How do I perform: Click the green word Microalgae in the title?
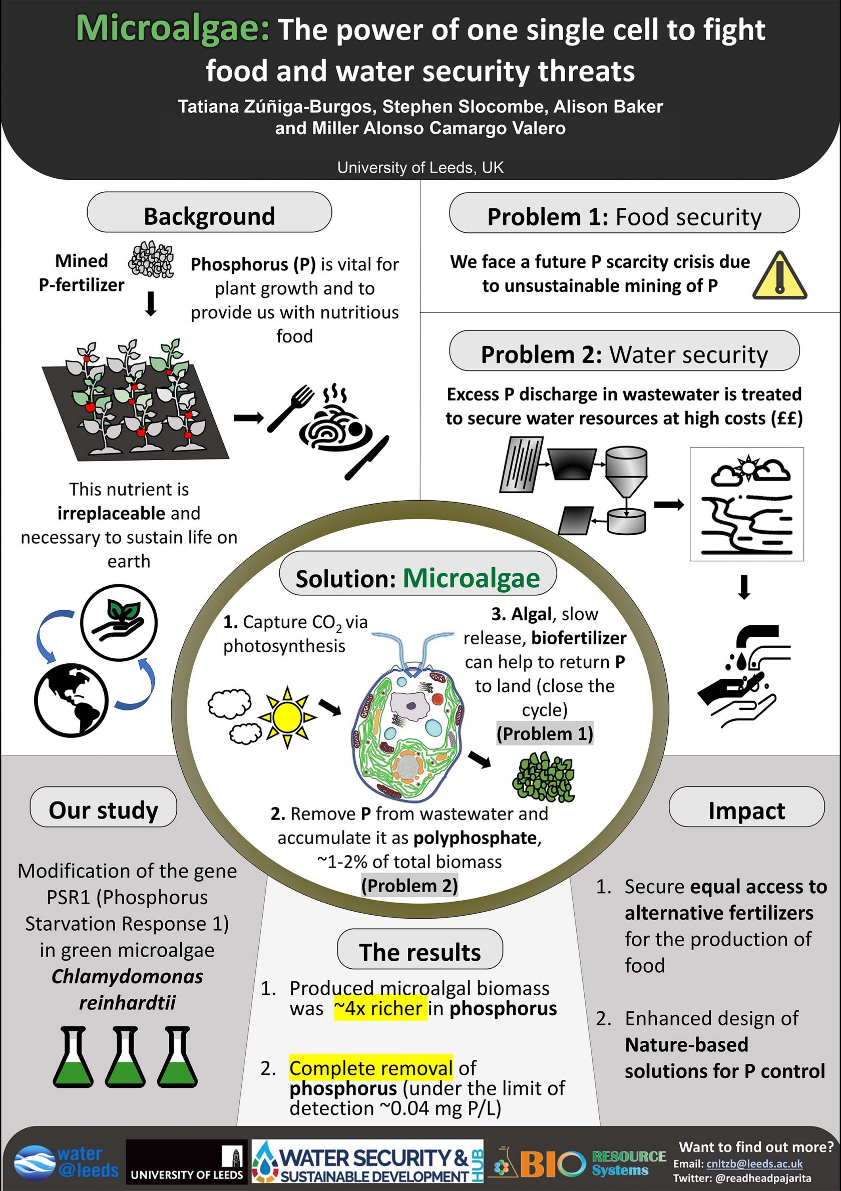pos(173,29)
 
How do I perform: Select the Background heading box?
pos(209,212)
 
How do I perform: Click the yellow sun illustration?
pos(287,717)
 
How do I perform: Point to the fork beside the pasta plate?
pos(290,408)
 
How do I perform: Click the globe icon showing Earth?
pos(71,700)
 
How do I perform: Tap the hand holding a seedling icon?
pos(119,622)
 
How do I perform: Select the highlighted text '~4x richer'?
pos(380,1008)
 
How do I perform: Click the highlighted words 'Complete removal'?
pos(371,1068)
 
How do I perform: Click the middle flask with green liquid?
pos(125,1057)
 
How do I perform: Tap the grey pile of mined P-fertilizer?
pos(151,259)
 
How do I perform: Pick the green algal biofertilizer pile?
pos(543,776)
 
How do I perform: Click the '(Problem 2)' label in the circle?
pos(409,886)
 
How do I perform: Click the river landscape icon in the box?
pos(746,504)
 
